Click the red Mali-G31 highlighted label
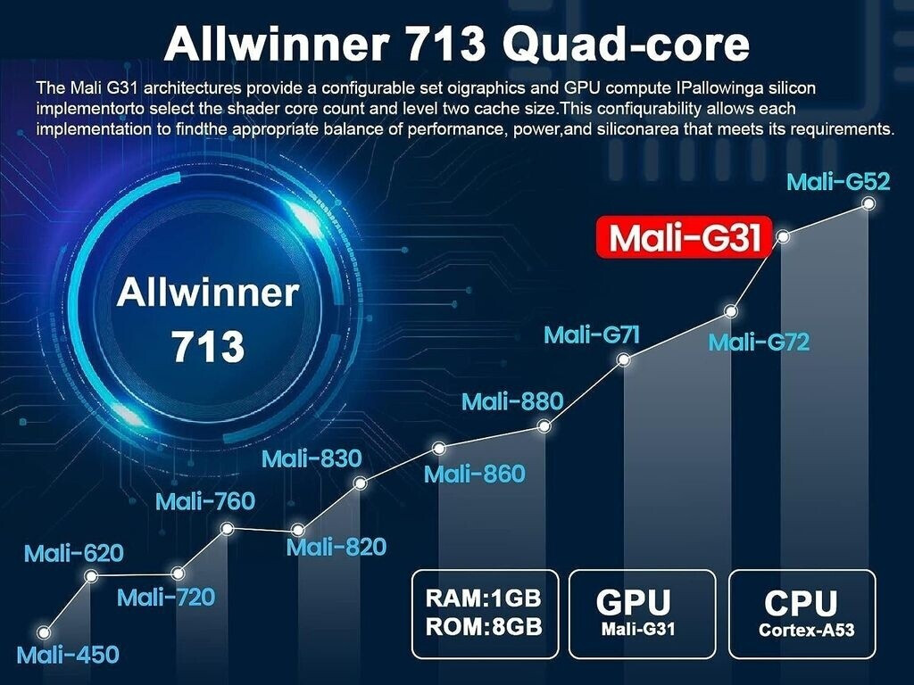click(x=684, y=237)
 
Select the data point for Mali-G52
click(x=868, y=204)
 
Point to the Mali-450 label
click(x=67, y=655)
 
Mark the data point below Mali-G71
click(x=624, y=359)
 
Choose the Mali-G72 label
click(x=759, y=342)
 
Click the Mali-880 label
click(x=512, y=400)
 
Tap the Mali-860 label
click(x=474, y=474)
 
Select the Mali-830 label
click(x=311, y=458)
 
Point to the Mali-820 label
click(x=337, y=546)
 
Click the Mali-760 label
click(x=205, y=501)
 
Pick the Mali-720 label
click(x=166, y=597)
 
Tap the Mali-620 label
click(x=73, y=553)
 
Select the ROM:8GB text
click(x=484, y=625)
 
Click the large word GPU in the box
click(x=633, y=602)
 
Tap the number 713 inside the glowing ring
click(x=207, y=345)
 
